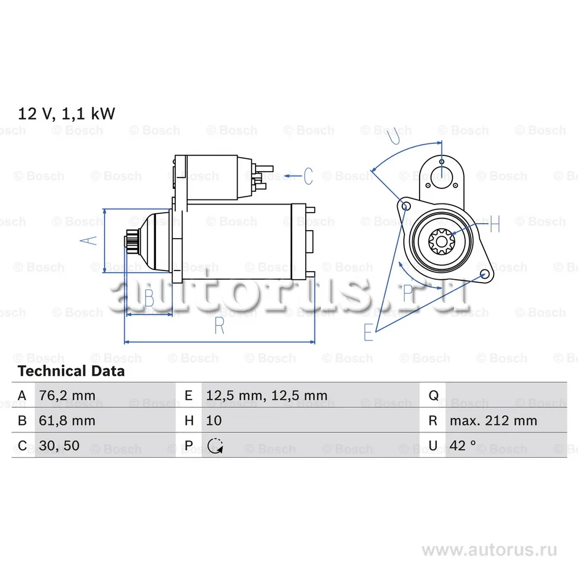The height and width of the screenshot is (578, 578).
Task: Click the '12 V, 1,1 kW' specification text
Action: (x=66, y=113)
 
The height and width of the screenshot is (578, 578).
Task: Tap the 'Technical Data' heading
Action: (x=71, y=371)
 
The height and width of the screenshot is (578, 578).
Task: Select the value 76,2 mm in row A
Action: (x=66, y=396)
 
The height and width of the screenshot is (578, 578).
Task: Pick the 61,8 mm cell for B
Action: (x=66, y=421)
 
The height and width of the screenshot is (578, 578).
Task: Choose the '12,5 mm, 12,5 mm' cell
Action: (x=266, y=396)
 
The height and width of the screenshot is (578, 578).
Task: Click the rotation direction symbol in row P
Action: (x=214, y=446)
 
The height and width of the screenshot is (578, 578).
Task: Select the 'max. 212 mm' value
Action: (x=493, y=421)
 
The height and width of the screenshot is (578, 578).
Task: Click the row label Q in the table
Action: (x=433, y=396)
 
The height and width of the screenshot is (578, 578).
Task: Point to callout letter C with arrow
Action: (x=307, y=175)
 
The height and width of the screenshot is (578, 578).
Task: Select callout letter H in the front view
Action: (x=494, y=224)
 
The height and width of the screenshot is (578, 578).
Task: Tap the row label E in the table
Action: (x=188, y=396)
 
